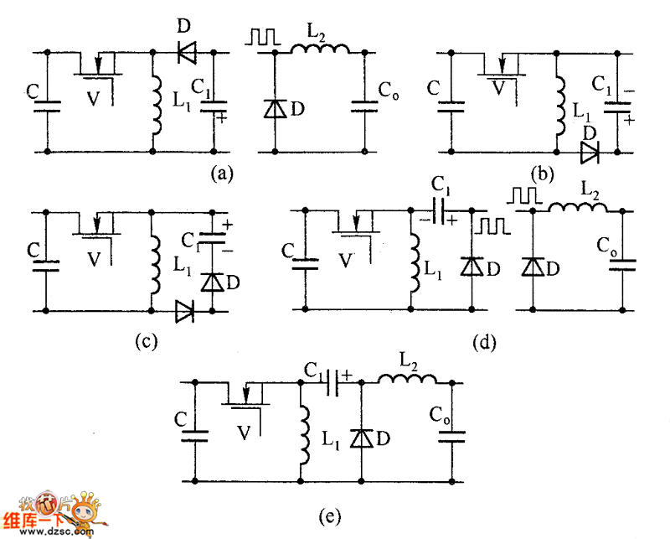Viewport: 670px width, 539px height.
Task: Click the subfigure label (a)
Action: pyautogui.click(x=220, y=174)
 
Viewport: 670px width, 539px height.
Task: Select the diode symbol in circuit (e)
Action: pyautogui.click(x=360, y=438)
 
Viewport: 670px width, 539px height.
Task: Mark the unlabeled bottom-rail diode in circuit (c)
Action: pyautogui.click(x=183, y=312)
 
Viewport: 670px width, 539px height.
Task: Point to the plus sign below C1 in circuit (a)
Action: pyautogui.click(x=223, y=119)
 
